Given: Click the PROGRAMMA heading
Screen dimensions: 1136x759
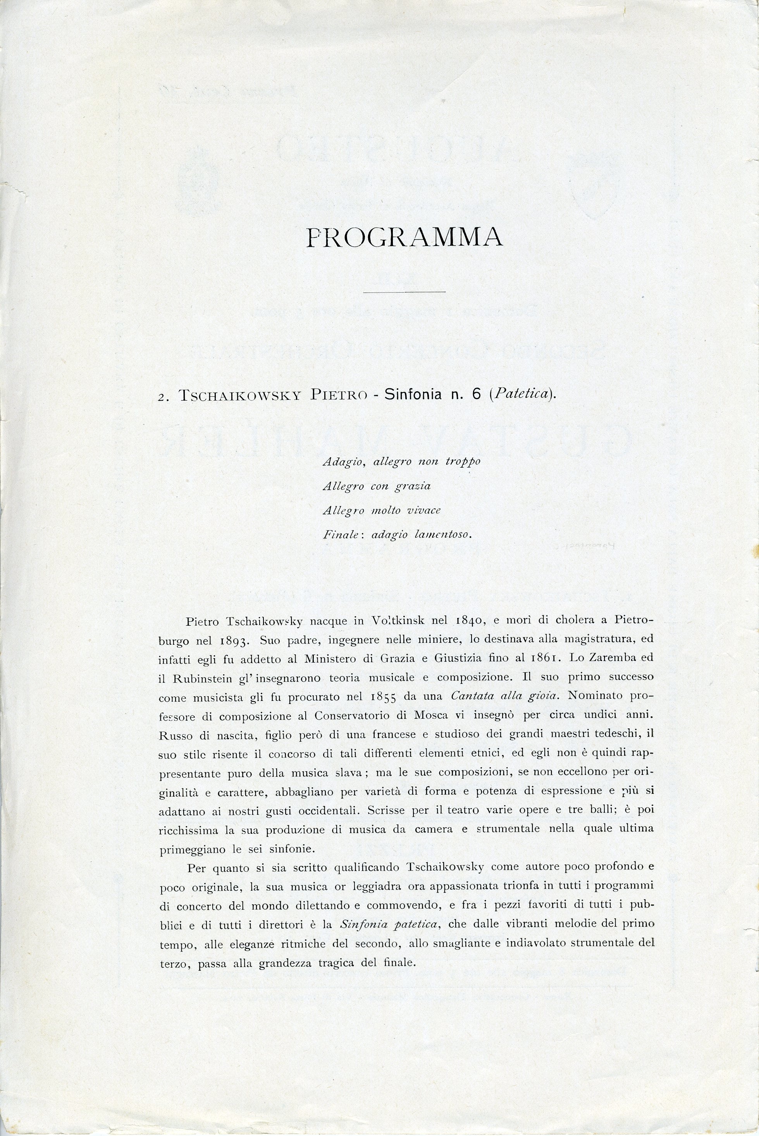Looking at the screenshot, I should pyautogui.click(x=404, y=237).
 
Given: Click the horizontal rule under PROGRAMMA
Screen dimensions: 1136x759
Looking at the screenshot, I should pyautogui.click(x=404, y=292).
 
